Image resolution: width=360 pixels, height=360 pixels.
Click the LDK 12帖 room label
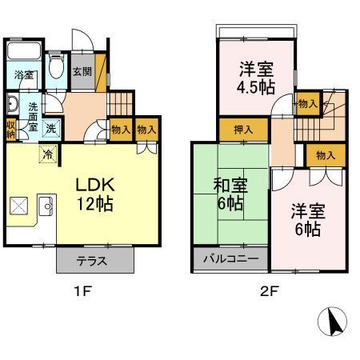point(94,194)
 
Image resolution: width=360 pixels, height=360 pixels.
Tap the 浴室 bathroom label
point(23,75)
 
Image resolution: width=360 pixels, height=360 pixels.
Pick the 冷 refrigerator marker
point(47,155)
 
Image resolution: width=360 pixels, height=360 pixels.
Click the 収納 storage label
point(10,129)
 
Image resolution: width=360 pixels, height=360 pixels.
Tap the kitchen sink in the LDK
point(46,207)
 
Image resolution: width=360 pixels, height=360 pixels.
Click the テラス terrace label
point(94,261)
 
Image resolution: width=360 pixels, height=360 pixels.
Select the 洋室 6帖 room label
point(306,220)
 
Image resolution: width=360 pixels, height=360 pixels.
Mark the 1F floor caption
point(83,291)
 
